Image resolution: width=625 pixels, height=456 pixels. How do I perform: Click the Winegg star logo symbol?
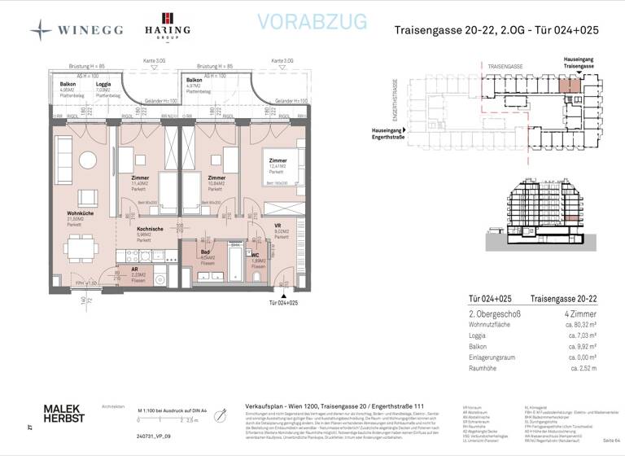coord(41,30)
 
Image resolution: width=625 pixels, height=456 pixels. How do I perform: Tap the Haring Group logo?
coord(168,28)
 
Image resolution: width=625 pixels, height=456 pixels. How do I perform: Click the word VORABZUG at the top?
coord(312,23)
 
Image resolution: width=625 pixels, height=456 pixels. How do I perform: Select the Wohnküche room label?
coord(80,214)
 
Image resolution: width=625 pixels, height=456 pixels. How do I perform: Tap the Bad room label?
coord(206,253)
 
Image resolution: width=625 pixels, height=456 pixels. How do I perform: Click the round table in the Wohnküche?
coord(87,160)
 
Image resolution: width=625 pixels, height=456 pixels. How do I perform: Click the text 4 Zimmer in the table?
coord(580,313)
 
